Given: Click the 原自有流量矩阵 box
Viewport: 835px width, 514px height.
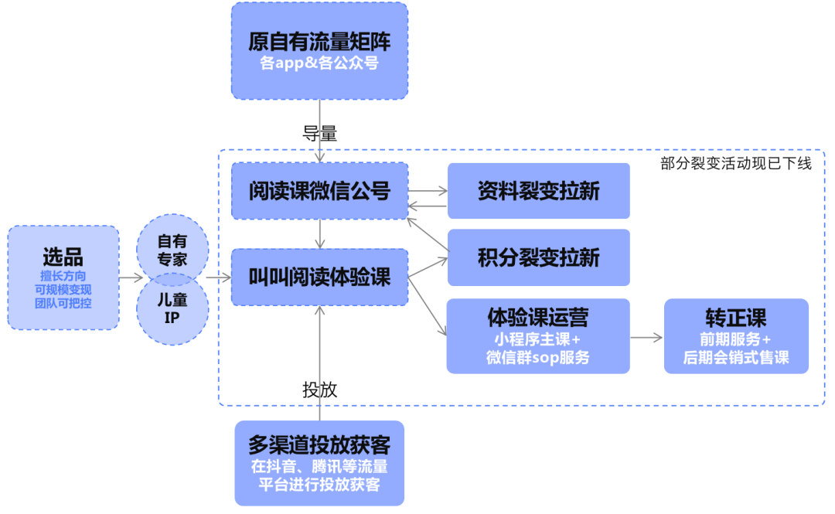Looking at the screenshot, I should pos(319,50).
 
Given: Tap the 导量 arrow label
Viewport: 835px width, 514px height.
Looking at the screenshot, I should pos(319,133).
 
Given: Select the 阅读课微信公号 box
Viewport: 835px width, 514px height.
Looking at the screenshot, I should pos(319,190).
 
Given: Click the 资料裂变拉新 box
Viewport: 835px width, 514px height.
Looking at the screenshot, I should pos(538,191).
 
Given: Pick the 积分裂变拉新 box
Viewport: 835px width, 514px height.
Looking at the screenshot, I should pos(538,257).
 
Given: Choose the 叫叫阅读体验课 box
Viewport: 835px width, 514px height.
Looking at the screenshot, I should pos(319,277).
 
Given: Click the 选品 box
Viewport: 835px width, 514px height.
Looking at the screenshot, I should pos(63,277).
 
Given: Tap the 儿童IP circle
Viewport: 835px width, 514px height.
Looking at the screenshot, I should pos(172,307).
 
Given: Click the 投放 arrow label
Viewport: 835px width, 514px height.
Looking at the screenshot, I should pos(319,390).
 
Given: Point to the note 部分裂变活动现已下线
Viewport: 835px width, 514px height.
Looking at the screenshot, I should pos(735,163).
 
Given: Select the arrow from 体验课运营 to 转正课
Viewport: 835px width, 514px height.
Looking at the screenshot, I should pos(646,338).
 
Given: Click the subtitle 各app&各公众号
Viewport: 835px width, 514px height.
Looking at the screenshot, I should pos(319,63).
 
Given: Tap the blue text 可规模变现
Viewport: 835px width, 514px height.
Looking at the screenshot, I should pos(63,289).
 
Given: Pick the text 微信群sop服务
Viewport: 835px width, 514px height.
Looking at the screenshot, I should pos(538,357).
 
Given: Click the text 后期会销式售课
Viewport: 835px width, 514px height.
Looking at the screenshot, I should pos(735,357).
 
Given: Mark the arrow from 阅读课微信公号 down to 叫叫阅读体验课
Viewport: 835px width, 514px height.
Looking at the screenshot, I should pos(319,233).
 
